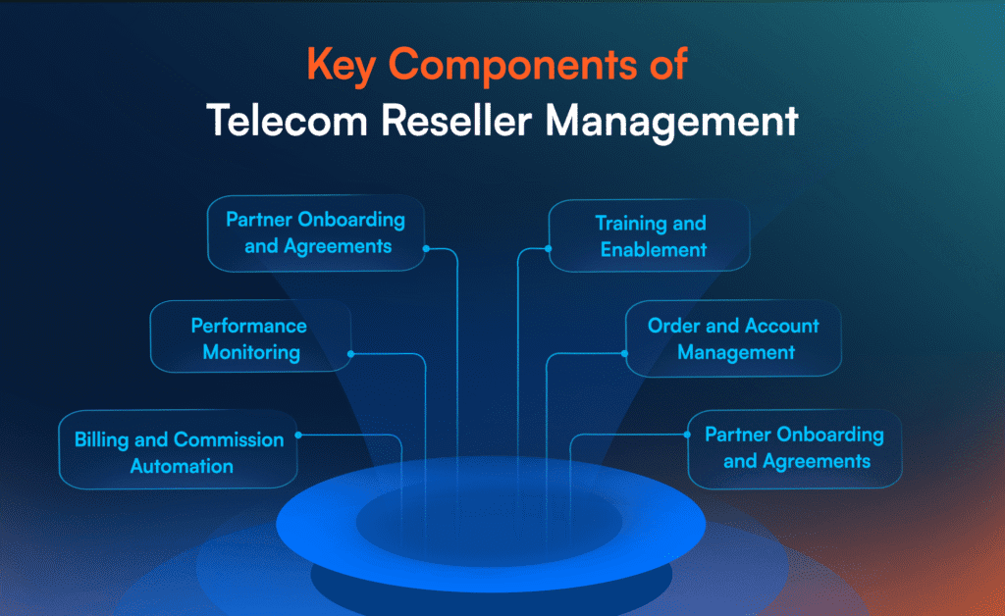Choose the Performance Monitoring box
pos(249,337)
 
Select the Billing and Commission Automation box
pos(178,452)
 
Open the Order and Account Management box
pos(733,337)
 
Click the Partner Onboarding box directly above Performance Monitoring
pos(316,232)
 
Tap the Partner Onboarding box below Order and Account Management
pos(794,447)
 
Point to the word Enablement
pos(654,249)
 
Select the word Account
pos(776,325)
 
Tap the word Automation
pos(182,466)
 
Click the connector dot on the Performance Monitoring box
pos(350,353)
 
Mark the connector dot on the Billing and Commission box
pos(298,434)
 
